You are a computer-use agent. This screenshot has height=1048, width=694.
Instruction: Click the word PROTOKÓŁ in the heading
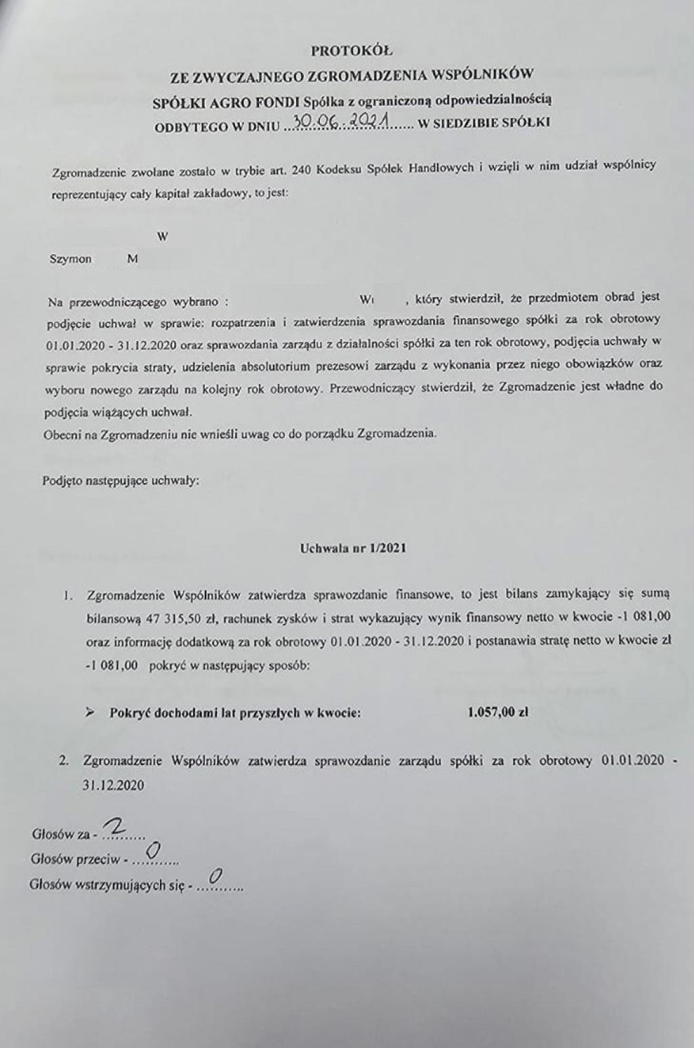pos(351,50)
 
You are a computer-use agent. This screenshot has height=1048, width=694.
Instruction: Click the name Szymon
pos(70,259)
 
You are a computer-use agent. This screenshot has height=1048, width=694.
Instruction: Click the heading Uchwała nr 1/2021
pos(353,548)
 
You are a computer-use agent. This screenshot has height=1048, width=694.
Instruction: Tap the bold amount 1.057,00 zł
pos(498,712)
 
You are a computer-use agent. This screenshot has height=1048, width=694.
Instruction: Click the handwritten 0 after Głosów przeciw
pos(152,851)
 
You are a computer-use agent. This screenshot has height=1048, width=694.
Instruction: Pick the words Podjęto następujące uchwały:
pos(121,481)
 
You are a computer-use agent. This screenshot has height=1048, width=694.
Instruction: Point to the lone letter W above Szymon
pos(162,237)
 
